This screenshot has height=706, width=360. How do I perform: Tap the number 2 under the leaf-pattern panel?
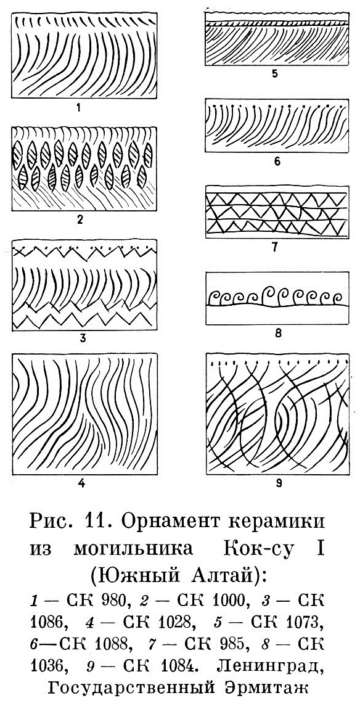(81, 221)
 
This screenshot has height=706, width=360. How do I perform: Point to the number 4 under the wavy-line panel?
(81, 484)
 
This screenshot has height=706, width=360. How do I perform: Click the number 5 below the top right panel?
(275, 74)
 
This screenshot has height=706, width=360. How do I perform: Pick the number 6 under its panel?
(277, 162)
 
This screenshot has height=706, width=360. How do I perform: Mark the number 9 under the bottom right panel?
(278, 484)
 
